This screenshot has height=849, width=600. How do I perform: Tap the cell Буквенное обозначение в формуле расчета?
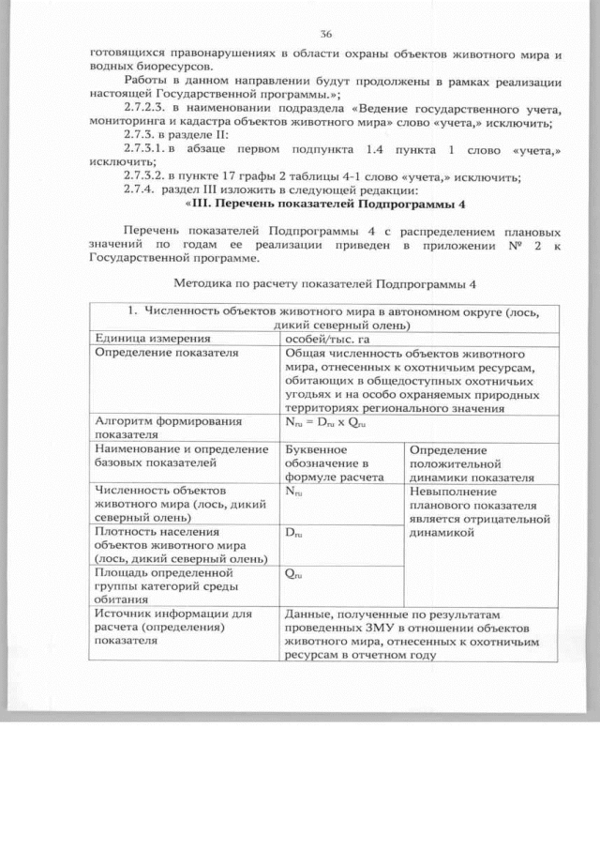click(x=327, y=462)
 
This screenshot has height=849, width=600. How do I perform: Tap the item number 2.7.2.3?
click(x=149, y=109)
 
